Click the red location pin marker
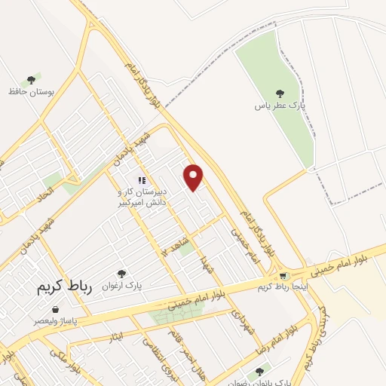[195, 176]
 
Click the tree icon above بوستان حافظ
[32, 79]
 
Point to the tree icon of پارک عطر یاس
[280, 94]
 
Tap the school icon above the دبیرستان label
[141, 181]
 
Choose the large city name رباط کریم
[67, 288]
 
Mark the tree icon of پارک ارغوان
[121, 274]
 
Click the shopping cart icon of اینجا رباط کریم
[283, 276]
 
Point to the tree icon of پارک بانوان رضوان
[260, 370]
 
